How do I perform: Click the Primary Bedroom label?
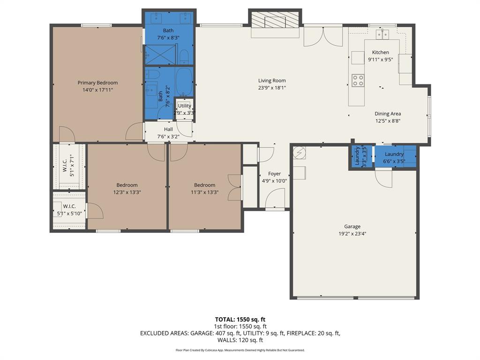[x=97, y=83]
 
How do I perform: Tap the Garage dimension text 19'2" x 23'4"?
[x=352, y=233]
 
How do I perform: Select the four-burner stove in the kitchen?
[x=358, y=81]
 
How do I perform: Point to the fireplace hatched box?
[x=275, y=21]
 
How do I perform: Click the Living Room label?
[x=272, y=81]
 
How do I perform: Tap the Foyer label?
[x=274, y=174]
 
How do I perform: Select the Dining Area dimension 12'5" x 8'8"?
[x=387, y=120]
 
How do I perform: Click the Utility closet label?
[x=184, y=106]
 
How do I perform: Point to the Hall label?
[x=168, y=129]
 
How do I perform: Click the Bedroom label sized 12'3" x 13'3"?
[x=127, y=185]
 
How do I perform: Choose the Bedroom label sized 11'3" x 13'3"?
[x=205, y=185]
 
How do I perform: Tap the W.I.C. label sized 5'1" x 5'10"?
[x=69, y=206]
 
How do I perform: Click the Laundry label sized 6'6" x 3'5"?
[x=394, y=154]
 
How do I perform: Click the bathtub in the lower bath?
[x=184, y=82]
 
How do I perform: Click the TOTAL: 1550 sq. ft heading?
[x=240, y=320]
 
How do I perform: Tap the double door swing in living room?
[x=322, y=37]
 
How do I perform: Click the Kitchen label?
[x=380, y=52]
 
